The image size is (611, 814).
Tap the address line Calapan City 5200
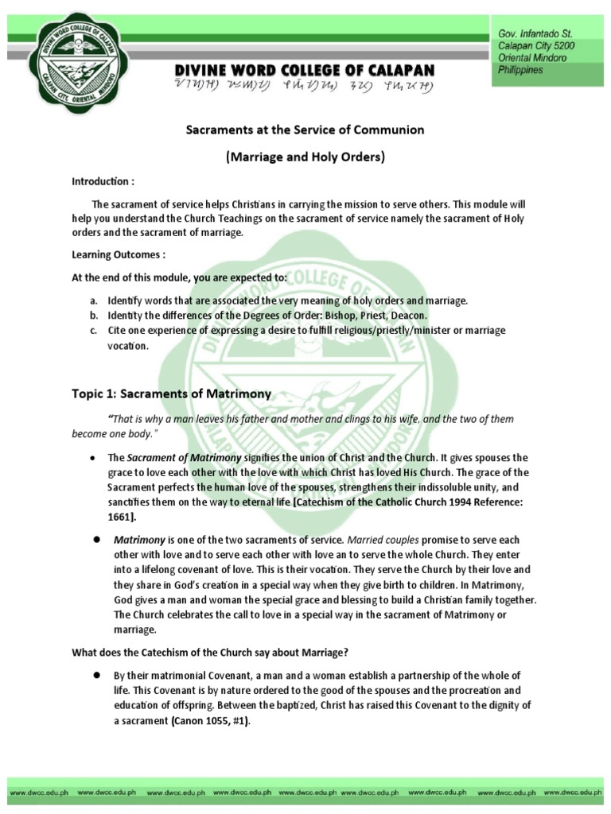tap(535, 46)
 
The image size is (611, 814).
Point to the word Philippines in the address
tap(520, 70)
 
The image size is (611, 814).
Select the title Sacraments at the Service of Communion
tap(305, 129)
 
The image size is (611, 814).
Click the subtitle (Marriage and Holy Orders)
tap(305, 157)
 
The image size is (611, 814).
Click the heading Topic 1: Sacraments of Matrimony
tap(172, 393)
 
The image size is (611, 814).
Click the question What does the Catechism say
tap(210, 653)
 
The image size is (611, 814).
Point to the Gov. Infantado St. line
tap(535, 34)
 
